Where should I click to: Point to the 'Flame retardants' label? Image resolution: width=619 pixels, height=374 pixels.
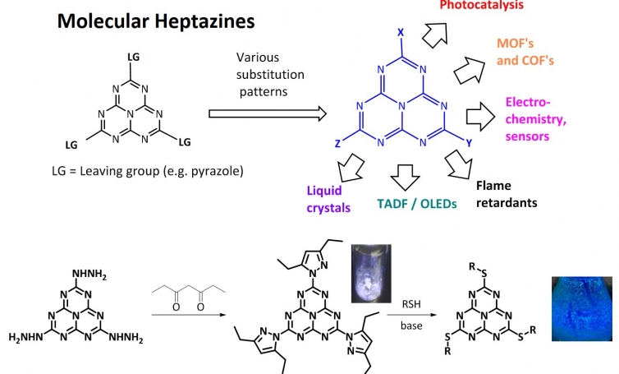507,193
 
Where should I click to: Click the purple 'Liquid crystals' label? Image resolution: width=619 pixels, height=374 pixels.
324,200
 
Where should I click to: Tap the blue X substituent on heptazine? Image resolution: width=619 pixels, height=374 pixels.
400,31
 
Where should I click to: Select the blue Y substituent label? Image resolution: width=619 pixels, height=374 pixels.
469,143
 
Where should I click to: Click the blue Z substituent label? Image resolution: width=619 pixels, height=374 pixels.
337,142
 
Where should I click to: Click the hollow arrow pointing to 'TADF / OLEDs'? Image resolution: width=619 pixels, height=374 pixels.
403,175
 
